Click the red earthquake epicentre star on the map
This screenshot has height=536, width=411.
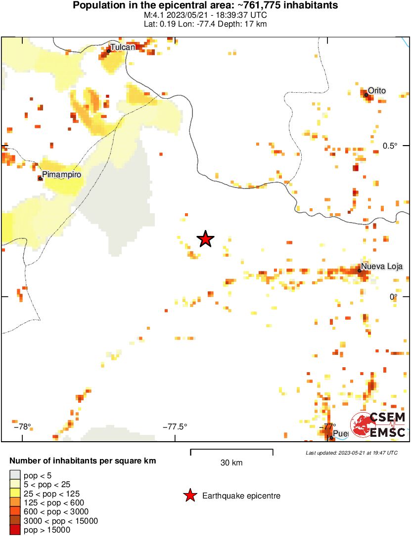click(206, 239)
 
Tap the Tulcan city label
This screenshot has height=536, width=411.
click(122, 47)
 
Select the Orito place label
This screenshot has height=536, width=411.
click(376, 90)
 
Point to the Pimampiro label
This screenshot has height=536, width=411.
click(61, 175)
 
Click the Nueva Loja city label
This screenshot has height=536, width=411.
click(381, 267)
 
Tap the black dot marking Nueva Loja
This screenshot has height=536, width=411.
click(360, 270)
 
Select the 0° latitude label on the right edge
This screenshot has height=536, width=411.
click(393, 296)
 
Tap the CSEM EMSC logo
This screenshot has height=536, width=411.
click(378, 425)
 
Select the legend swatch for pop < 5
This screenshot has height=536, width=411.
click(15, 475)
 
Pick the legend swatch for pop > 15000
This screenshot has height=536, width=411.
click(15, 530)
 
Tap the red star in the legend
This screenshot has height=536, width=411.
click(189, 496)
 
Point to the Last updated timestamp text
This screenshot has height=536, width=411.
click(351, 453)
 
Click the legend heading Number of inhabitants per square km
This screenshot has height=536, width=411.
click(83, 461)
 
